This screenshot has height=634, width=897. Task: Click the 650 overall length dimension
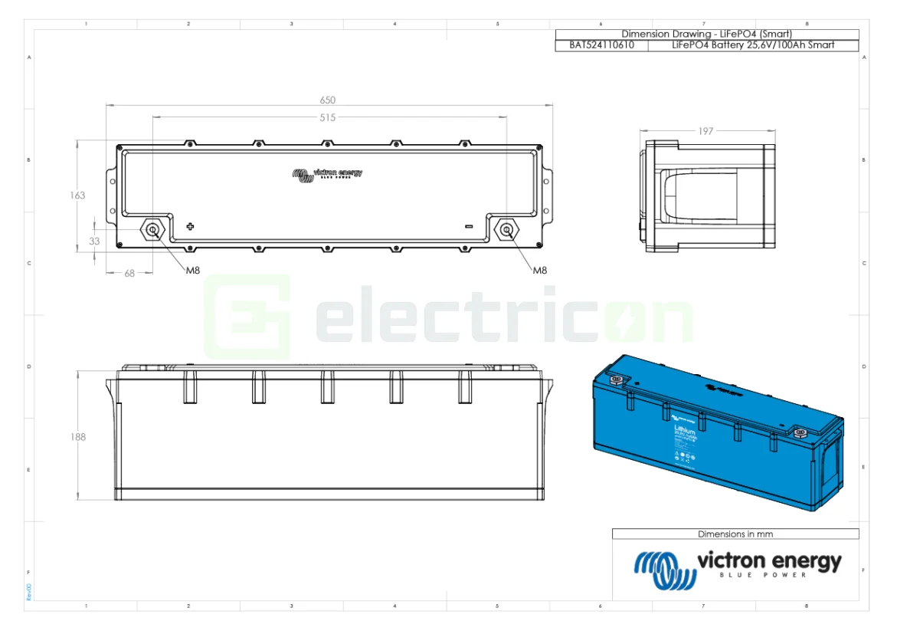328,100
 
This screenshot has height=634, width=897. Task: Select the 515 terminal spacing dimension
328,117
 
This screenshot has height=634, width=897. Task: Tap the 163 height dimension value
77,195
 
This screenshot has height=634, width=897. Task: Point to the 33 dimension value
95,241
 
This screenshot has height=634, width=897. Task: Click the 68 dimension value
129,273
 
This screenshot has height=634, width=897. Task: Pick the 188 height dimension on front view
77,437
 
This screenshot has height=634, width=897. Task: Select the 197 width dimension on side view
705,131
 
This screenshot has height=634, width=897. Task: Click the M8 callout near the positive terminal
194,270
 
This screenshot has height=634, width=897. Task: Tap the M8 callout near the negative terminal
540,270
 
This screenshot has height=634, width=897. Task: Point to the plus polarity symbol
191,226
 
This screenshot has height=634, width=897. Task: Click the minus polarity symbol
469,226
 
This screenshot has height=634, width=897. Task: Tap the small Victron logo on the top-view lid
327,174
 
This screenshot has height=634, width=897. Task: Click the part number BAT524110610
601,45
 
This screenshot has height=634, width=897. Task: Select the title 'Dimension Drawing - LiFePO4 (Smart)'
705,34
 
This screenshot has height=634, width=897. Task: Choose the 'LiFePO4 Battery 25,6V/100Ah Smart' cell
752,45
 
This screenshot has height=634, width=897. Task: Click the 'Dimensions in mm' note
735,534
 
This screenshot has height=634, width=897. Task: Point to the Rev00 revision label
28,592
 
